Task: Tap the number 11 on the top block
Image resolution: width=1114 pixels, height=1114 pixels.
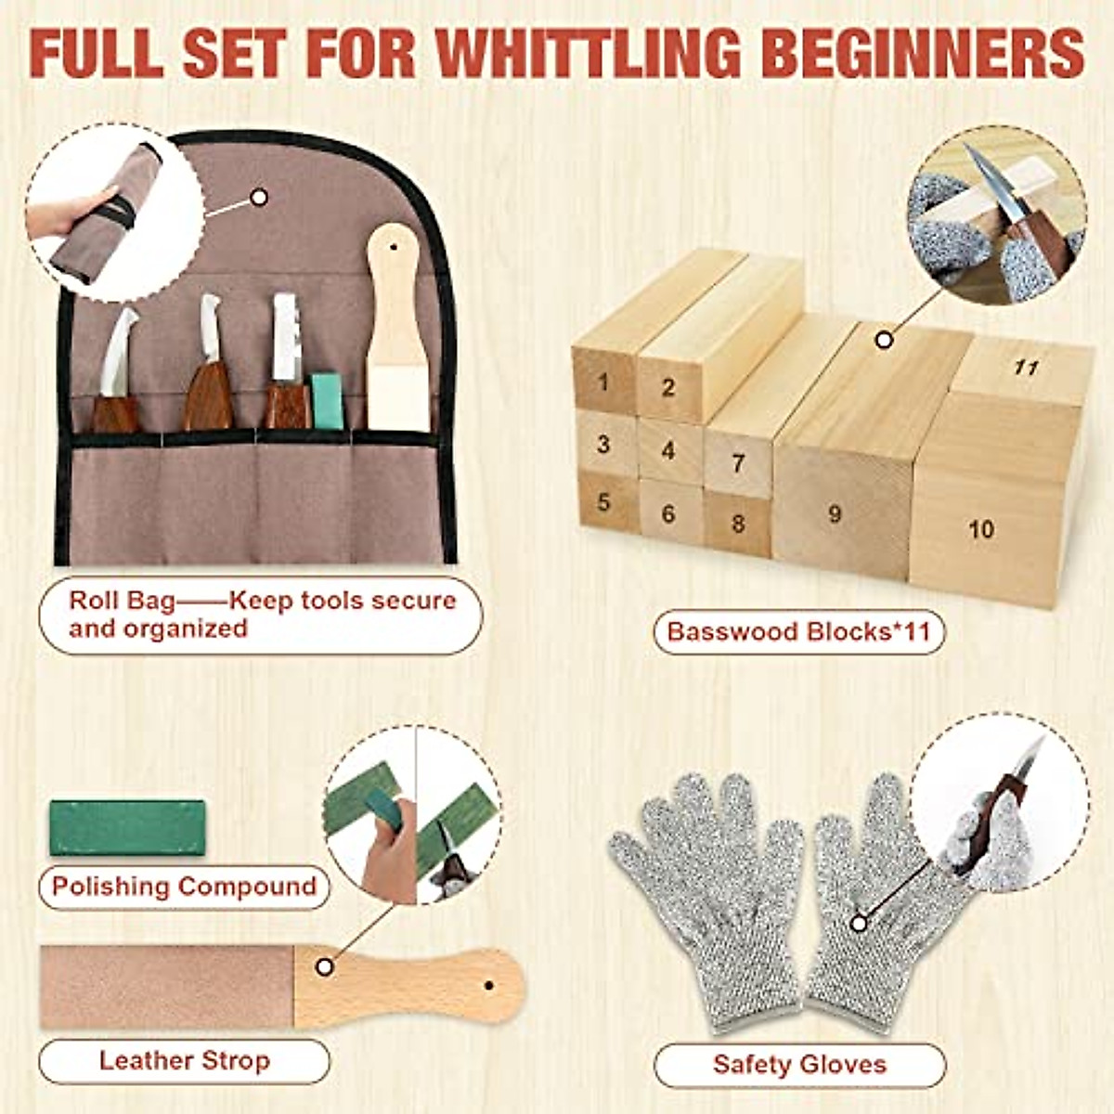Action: tap(1026, 368)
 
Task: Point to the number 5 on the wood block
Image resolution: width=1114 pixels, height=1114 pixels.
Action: tap(604, 502)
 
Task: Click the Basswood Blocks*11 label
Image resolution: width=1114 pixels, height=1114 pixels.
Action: tap(798, 632)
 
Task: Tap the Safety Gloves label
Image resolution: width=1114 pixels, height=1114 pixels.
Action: tap(799, 1064)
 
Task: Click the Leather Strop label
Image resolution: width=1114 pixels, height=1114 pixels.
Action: tap(184, 1060)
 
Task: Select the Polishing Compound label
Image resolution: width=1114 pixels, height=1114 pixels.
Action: tap(184, 887)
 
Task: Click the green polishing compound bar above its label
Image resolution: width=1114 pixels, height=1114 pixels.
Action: tap(127, 827)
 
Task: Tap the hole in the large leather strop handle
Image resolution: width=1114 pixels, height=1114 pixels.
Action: tap(488, 985)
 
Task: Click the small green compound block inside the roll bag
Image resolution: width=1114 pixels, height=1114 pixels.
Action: tap(326, 401)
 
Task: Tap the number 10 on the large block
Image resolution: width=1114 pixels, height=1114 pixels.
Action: tap(981, 530)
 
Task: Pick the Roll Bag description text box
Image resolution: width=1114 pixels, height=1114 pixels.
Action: tap(261, 615)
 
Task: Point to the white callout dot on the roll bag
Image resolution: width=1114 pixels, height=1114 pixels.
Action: tap(260, 197)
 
